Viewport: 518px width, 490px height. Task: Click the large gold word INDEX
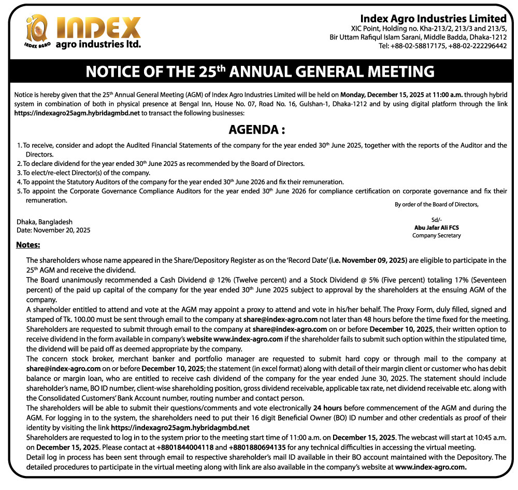98,27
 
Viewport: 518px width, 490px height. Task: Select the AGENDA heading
257,129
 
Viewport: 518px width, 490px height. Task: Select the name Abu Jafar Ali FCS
436,227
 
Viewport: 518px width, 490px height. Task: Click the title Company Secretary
436,235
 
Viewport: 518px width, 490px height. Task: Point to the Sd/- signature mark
436,219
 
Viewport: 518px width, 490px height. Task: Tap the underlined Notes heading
28,245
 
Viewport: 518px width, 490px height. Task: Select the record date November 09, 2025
373,260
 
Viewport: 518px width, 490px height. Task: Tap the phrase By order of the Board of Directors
436,204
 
